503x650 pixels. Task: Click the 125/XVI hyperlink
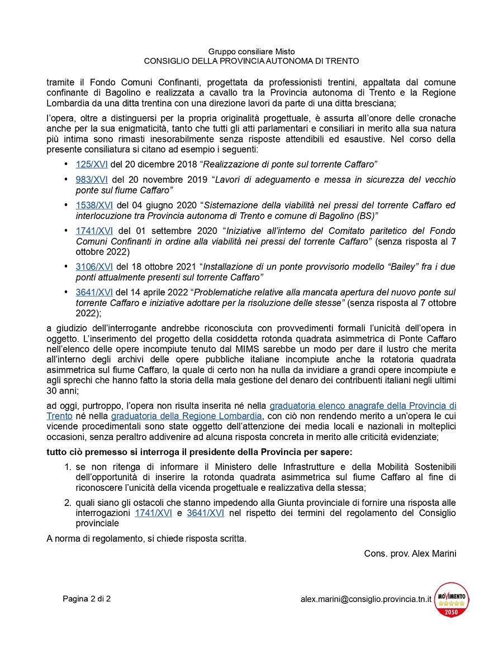[x=94, y=164]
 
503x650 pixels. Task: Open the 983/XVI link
[x=94, y=180]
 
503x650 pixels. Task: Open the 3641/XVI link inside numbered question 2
[x=205, y=513]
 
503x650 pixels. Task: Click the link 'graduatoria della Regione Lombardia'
[x=186, y=416]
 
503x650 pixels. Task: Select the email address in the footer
[x=366, y=599]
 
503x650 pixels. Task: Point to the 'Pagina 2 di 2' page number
[x=87, y=599]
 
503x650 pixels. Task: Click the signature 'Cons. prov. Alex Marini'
[x=410, y=553]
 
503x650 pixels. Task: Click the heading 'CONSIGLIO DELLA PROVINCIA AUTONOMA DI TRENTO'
[x=251, y=60]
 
